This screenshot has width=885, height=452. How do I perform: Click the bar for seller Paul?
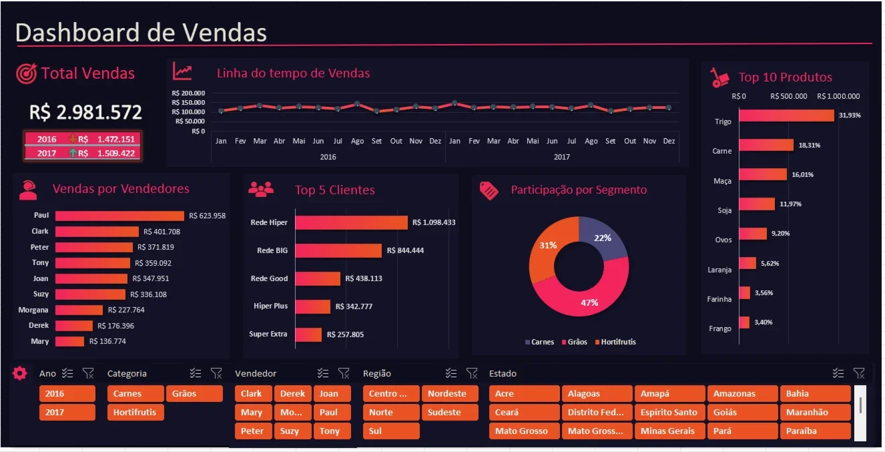coord(119,216)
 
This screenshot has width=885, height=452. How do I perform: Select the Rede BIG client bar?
coord(338,250)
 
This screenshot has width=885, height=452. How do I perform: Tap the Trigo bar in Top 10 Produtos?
coord(787,116)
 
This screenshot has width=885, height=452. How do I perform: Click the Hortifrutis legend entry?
coord(615,342)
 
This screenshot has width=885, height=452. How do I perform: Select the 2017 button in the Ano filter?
coord(67,413)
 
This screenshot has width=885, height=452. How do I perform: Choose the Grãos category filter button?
coord(194,393)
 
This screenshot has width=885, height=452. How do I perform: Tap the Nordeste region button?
coord(450,393)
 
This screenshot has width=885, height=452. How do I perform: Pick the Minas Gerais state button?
coord(669,431)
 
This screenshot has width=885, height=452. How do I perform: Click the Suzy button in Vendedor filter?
coord(292,431)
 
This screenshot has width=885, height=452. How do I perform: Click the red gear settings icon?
coord(19,373)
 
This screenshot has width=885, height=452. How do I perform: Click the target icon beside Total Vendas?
coord(26,73)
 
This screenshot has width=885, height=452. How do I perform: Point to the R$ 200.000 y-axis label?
coord(188,93)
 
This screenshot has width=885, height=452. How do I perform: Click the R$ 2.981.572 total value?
coord(85,113)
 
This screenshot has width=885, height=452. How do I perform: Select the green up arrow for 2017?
coord(73,153)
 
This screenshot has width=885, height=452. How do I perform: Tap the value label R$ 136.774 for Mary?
coord(107,341)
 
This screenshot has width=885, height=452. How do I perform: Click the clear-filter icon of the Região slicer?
coord(472,373)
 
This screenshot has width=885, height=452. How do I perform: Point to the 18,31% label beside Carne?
coord(809,146)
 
